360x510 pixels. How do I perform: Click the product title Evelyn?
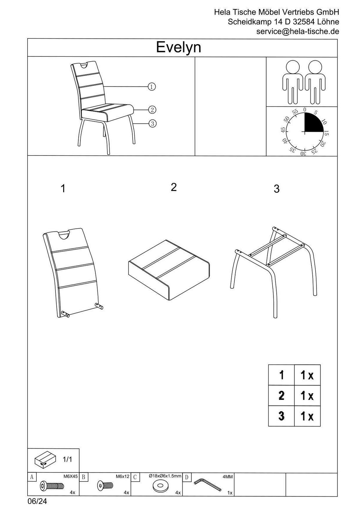point(178,48)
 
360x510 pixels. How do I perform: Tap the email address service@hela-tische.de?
point(298,31)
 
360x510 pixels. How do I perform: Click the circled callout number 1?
point(152,86)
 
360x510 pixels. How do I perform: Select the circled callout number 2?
point(152,110)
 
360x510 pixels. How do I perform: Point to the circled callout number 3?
point(152,124)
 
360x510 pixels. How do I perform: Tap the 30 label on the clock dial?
point(303,153)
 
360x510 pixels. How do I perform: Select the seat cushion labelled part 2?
point(169,270)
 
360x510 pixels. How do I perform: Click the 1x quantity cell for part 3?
point(307,416)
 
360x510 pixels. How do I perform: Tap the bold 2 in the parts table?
point(281,395)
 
